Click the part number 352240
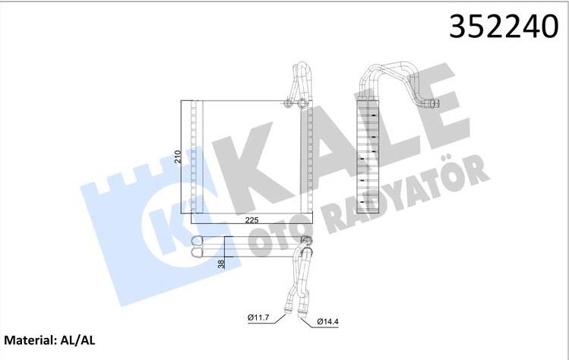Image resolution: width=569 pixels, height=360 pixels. coord(494,27)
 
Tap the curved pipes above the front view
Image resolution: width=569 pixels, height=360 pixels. coord(298,80)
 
